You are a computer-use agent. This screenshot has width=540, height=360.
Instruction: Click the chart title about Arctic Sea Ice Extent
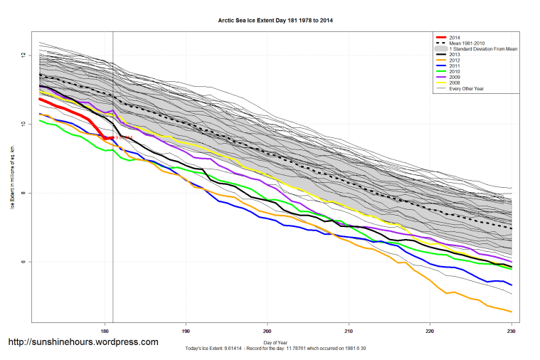[x=275, y=21]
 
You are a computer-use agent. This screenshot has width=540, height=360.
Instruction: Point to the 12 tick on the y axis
[x=23, y=55]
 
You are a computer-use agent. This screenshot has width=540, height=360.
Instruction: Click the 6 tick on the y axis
[x=23, y=262]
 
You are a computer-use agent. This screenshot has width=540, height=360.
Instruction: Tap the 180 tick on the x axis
[x=105, y=331]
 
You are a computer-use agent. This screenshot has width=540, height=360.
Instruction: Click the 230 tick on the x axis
[x=511, y=331]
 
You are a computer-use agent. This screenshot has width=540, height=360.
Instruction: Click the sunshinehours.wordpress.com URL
[x=83, y=342]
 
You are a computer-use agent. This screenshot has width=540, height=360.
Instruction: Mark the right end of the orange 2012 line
[x=512, y=312]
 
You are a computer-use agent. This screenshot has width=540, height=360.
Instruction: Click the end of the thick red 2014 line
[x=112, y=137]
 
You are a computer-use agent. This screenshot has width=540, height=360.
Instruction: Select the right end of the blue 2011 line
[x=512, y=285]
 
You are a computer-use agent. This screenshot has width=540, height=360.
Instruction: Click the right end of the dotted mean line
[x=512, y=228]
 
